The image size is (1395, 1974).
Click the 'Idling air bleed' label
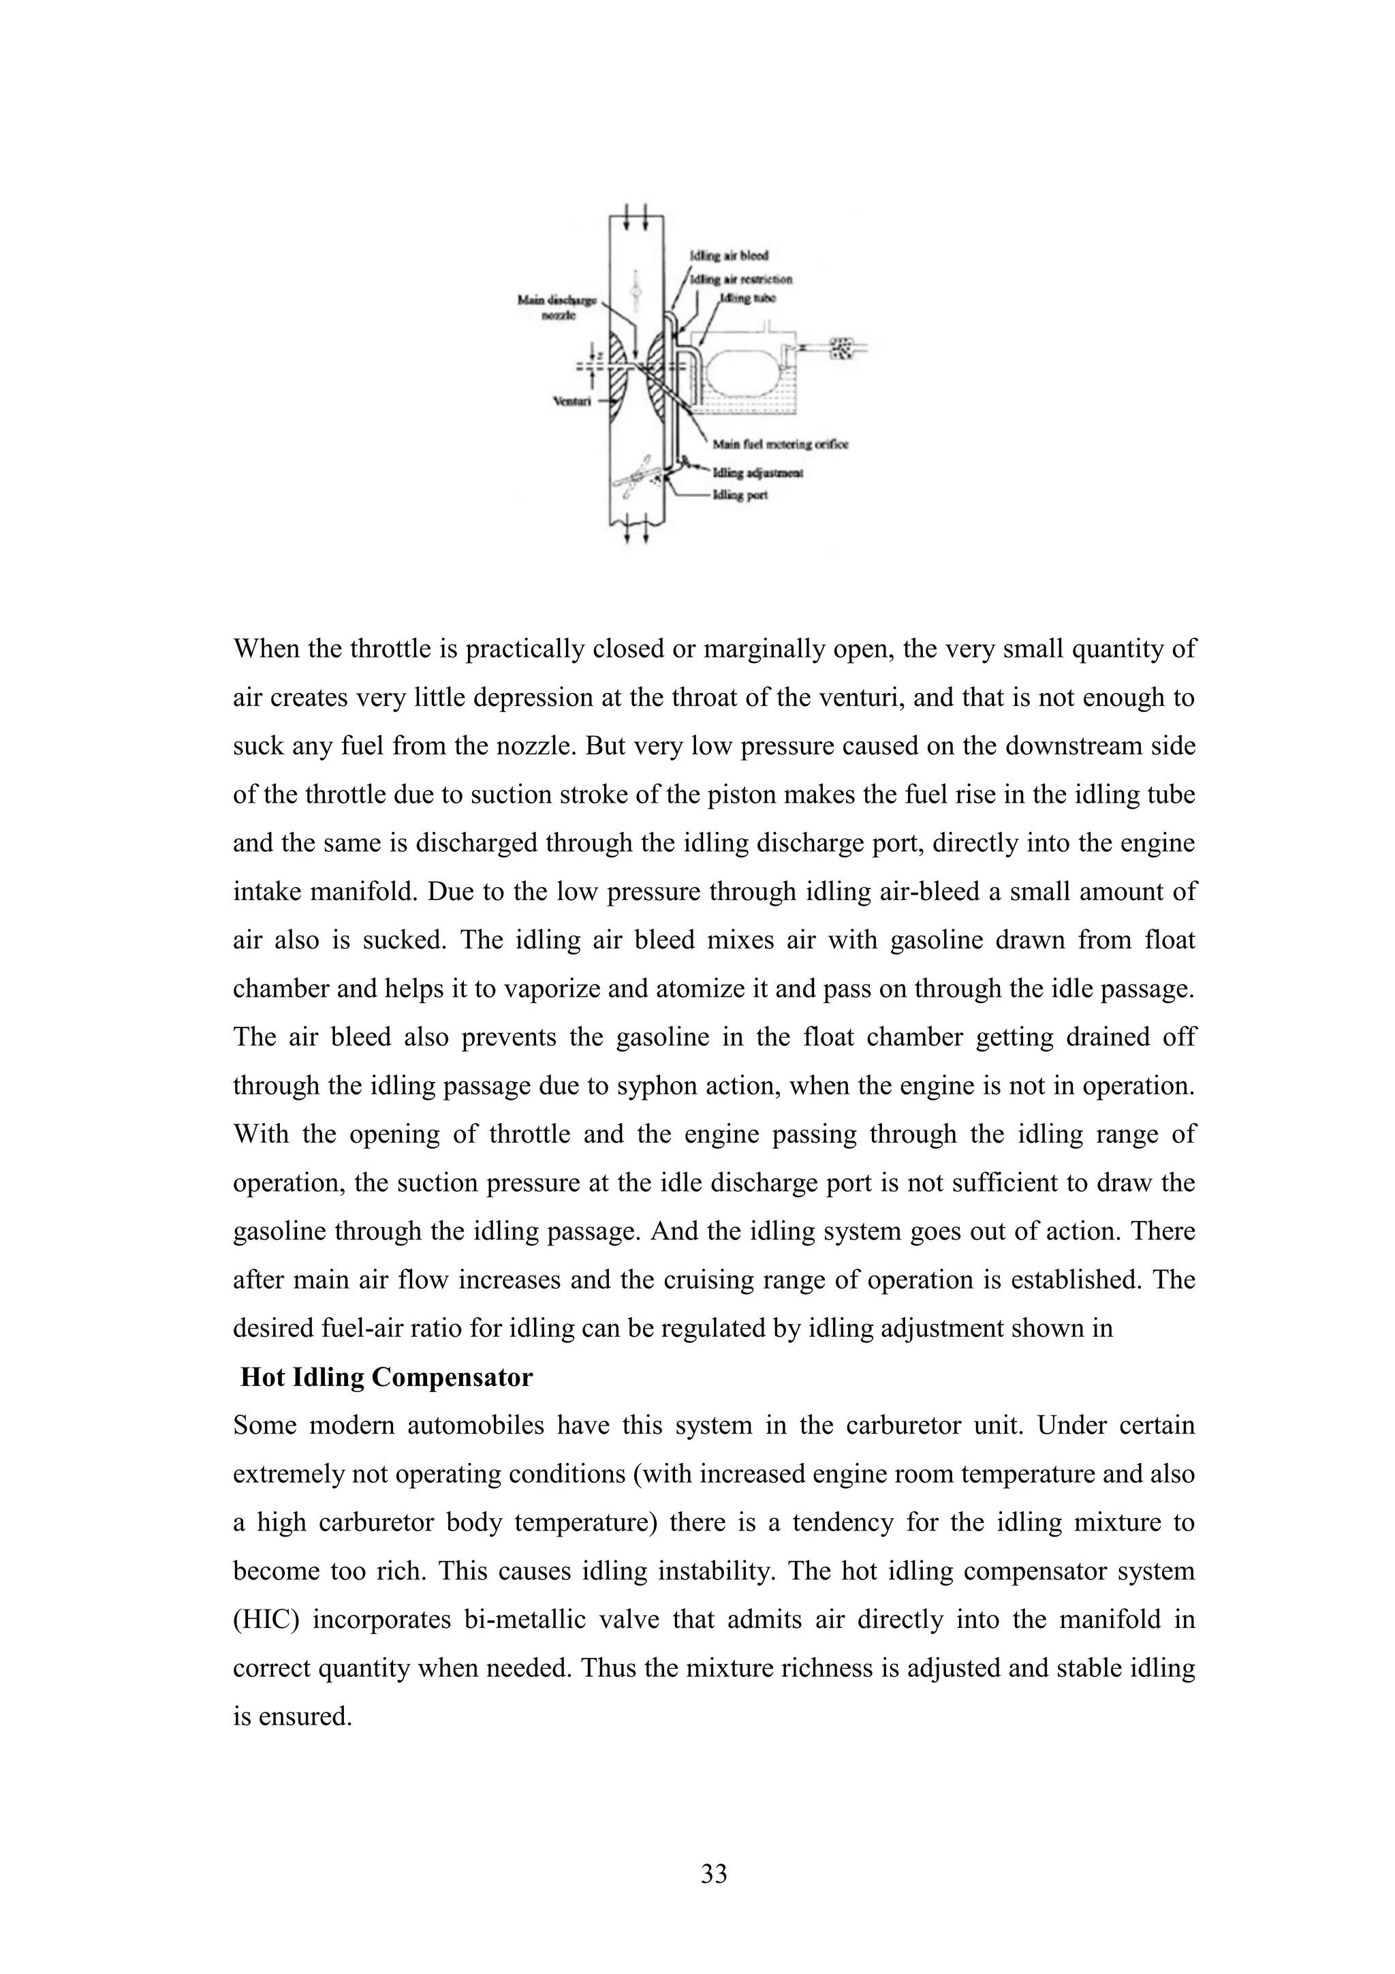point(729,256)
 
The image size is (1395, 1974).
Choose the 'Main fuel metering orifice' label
point(781,444)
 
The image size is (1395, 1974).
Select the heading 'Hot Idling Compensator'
point(386,1376)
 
